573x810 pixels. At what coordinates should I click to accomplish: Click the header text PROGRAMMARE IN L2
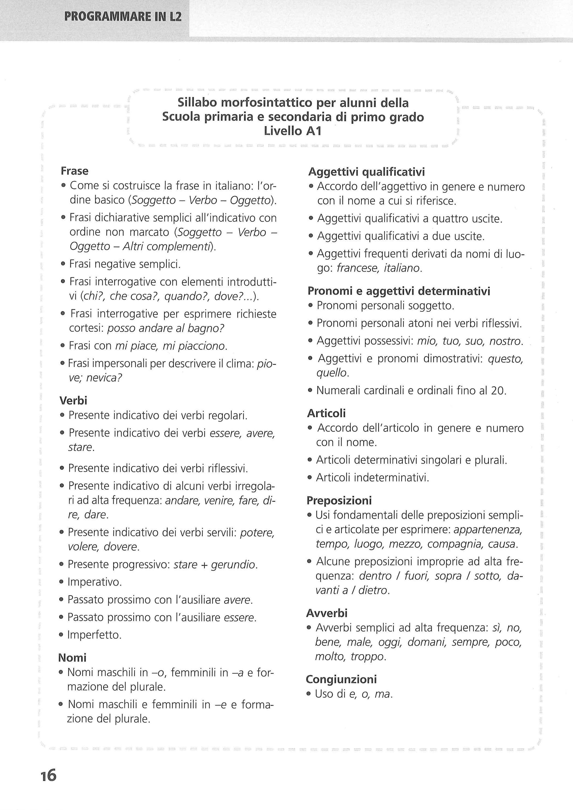[123, 17]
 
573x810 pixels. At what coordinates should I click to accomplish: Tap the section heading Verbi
[73, 400]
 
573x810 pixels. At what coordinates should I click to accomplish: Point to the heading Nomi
[72, 658]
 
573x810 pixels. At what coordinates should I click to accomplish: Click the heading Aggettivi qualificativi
[366, 172]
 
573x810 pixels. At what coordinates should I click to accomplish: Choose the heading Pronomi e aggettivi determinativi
[399, 291]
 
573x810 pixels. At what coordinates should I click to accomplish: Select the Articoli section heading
[326, 413]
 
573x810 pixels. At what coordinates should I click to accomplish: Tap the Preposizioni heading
[339, 500]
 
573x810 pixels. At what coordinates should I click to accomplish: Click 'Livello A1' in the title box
[293, 131]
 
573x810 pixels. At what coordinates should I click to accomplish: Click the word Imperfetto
[94, 635]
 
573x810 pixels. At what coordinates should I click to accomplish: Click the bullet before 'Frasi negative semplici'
[63, 264]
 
